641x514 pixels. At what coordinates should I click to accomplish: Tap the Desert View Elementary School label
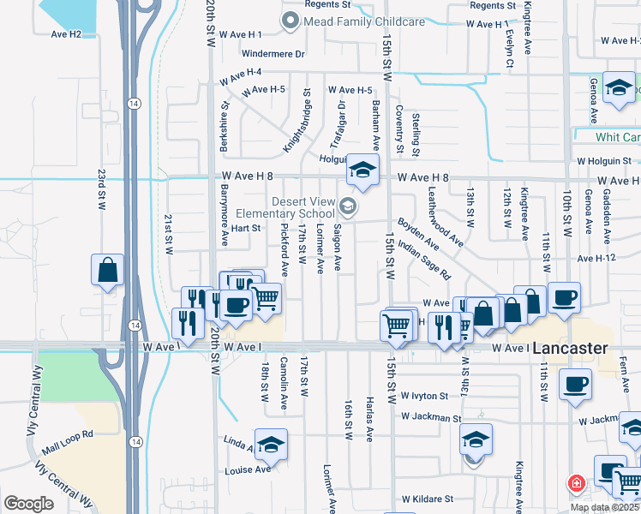[303, 207]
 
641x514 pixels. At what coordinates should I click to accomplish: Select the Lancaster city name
[570, 349]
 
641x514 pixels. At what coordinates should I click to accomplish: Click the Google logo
[28, 504]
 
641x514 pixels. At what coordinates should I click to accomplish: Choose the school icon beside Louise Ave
[271, 444]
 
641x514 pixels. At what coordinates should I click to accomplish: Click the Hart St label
[245, 229]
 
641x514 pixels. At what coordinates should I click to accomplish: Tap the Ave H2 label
[66, 34]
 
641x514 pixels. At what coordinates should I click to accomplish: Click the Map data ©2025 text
[603, 507]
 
